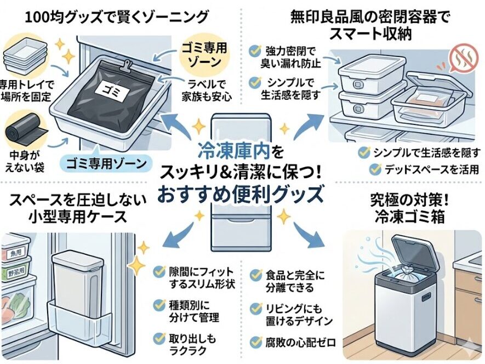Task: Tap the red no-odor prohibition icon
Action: tap(459, 56)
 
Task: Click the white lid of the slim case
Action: tap(77, 259)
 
